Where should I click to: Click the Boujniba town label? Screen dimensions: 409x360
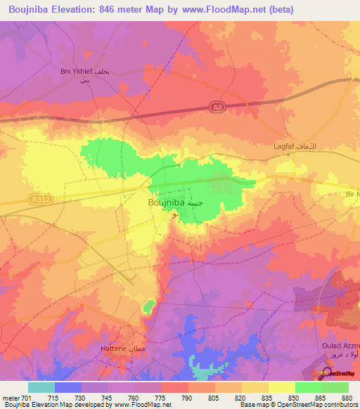coord(167,202)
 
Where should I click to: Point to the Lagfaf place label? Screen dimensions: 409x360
coord(287,147)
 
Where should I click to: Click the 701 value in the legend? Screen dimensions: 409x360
coord(27,398)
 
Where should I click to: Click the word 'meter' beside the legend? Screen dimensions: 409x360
coord(10,398)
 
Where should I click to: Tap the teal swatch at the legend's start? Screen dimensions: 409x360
coord(41,387)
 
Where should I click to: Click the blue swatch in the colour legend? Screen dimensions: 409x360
coord(67,387)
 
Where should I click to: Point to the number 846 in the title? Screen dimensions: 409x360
coord(118,9)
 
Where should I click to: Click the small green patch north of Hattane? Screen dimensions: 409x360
coord(148,306)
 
